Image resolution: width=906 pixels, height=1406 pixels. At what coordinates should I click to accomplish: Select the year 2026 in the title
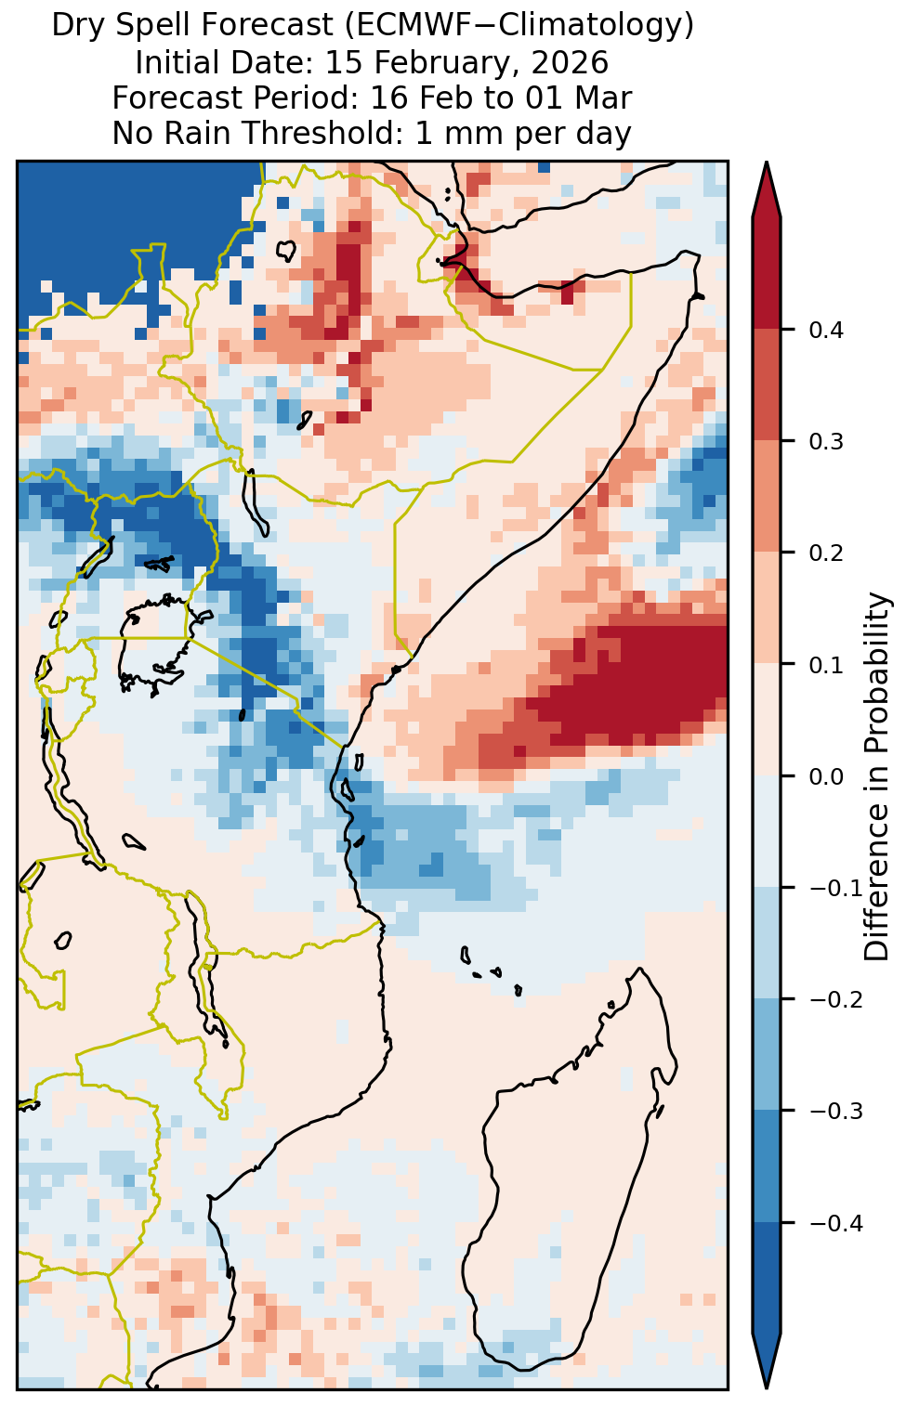point(571,62)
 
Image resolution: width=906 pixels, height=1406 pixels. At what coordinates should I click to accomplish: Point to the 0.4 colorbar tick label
point(826,330)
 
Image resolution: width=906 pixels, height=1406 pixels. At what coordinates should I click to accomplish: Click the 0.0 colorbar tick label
point(826,776)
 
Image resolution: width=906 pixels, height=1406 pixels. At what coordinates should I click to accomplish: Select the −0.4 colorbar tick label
point(836,1223)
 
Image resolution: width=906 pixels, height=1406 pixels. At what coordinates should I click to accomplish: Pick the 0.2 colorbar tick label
point(826,553)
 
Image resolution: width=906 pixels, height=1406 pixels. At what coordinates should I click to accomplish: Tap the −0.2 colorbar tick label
point(836,1000)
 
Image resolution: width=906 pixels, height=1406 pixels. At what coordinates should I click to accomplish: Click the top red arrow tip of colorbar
point(767,163)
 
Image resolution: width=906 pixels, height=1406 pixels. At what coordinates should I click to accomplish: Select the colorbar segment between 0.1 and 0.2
point(767,607)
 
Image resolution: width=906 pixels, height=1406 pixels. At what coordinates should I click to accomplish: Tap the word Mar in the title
point(605,98)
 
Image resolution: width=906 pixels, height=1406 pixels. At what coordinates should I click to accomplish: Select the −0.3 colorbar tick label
point(836,1112)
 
